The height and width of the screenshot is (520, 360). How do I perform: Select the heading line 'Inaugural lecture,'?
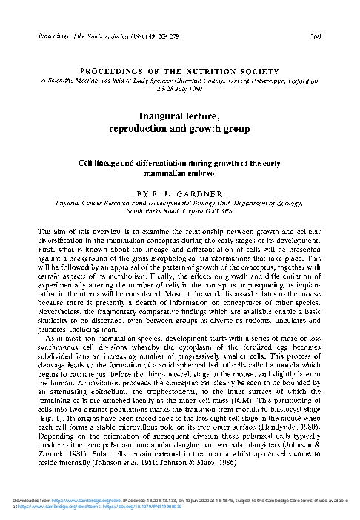click(x=180, y=116)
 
